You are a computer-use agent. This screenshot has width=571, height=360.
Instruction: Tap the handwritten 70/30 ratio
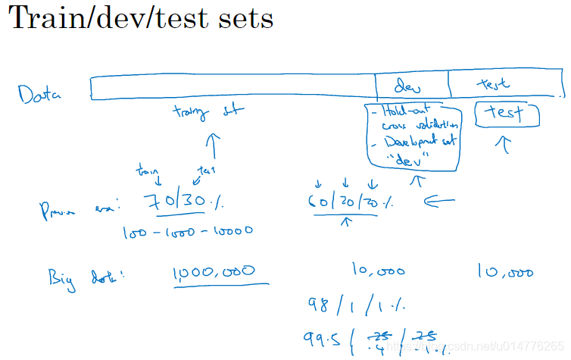tap(185, 202)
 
